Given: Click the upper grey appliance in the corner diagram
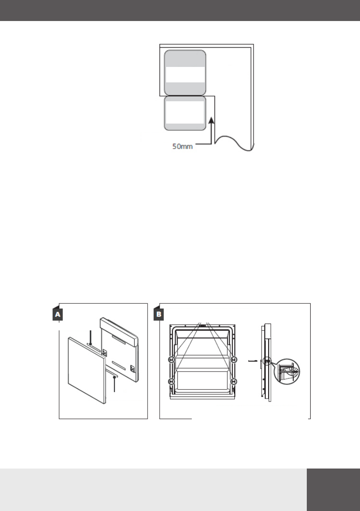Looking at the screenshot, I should pos(185,73).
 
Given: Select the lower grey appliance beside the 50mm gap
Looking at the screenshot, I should pos(185,113).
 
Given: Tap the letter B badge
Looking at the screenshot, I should pos(159,314).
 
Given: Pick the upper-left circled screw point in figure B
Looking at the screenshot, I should pos(171,359).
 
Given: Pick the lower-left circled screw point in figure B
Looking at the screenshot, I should pos(171,381).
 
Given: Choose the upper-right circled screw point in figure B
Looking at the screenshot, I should pos(234,359).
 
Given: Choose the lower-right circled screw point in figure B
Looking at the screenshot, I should pos(234,381).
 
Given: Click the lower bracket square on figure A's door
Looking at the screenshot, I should pos(132,368).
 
